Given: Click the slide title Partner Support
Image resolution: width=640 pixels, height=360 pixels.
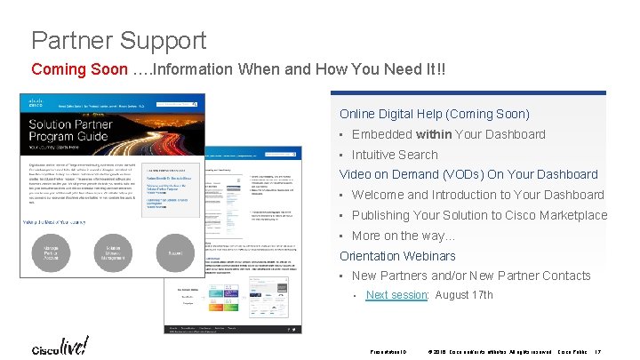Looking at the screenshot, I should coord(118,40).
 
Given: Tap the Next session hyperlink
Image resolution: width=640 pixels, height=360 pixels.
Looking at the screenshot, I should coord(396,295).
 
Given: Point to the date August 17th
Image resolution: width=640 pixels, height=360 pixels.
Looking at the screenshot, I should coord(464,295).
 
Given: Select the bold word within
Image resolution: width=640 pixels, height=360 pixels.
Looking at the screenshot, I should coord(433,134).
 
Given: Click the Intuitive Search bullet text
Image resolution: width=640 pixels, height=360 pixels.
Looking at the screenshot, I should coord(395,155).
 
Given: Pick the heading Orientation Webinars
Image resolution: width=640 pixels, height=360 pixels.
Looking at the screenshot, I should coord(397,256).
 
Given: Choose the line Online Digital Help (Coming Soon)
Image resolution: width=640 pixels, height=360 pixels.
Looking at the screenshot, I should coord(434,114).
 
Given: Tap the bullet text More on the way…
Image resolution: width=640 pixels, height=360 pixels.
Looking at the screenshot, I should coord(403,236).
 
